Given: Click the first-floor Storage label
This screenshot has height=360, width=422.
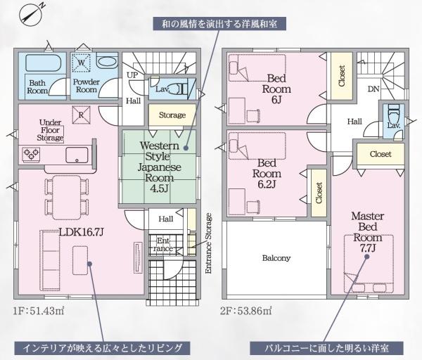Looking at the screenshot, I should point(172,115).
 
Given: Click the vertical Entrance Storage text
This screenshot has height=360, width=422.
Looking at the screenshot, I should point(209,242).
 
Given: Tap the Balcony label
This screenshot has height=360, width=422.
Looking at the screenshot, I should point(276,258).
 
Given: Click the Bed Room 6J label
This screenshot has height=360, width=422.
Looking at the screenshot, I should point(276,89).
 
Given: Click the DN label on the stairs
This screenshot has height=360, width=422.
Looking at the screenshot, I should point(374,89).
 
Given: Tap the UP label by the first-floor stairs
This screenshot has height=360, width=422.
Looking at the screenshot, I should point(132,75).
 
